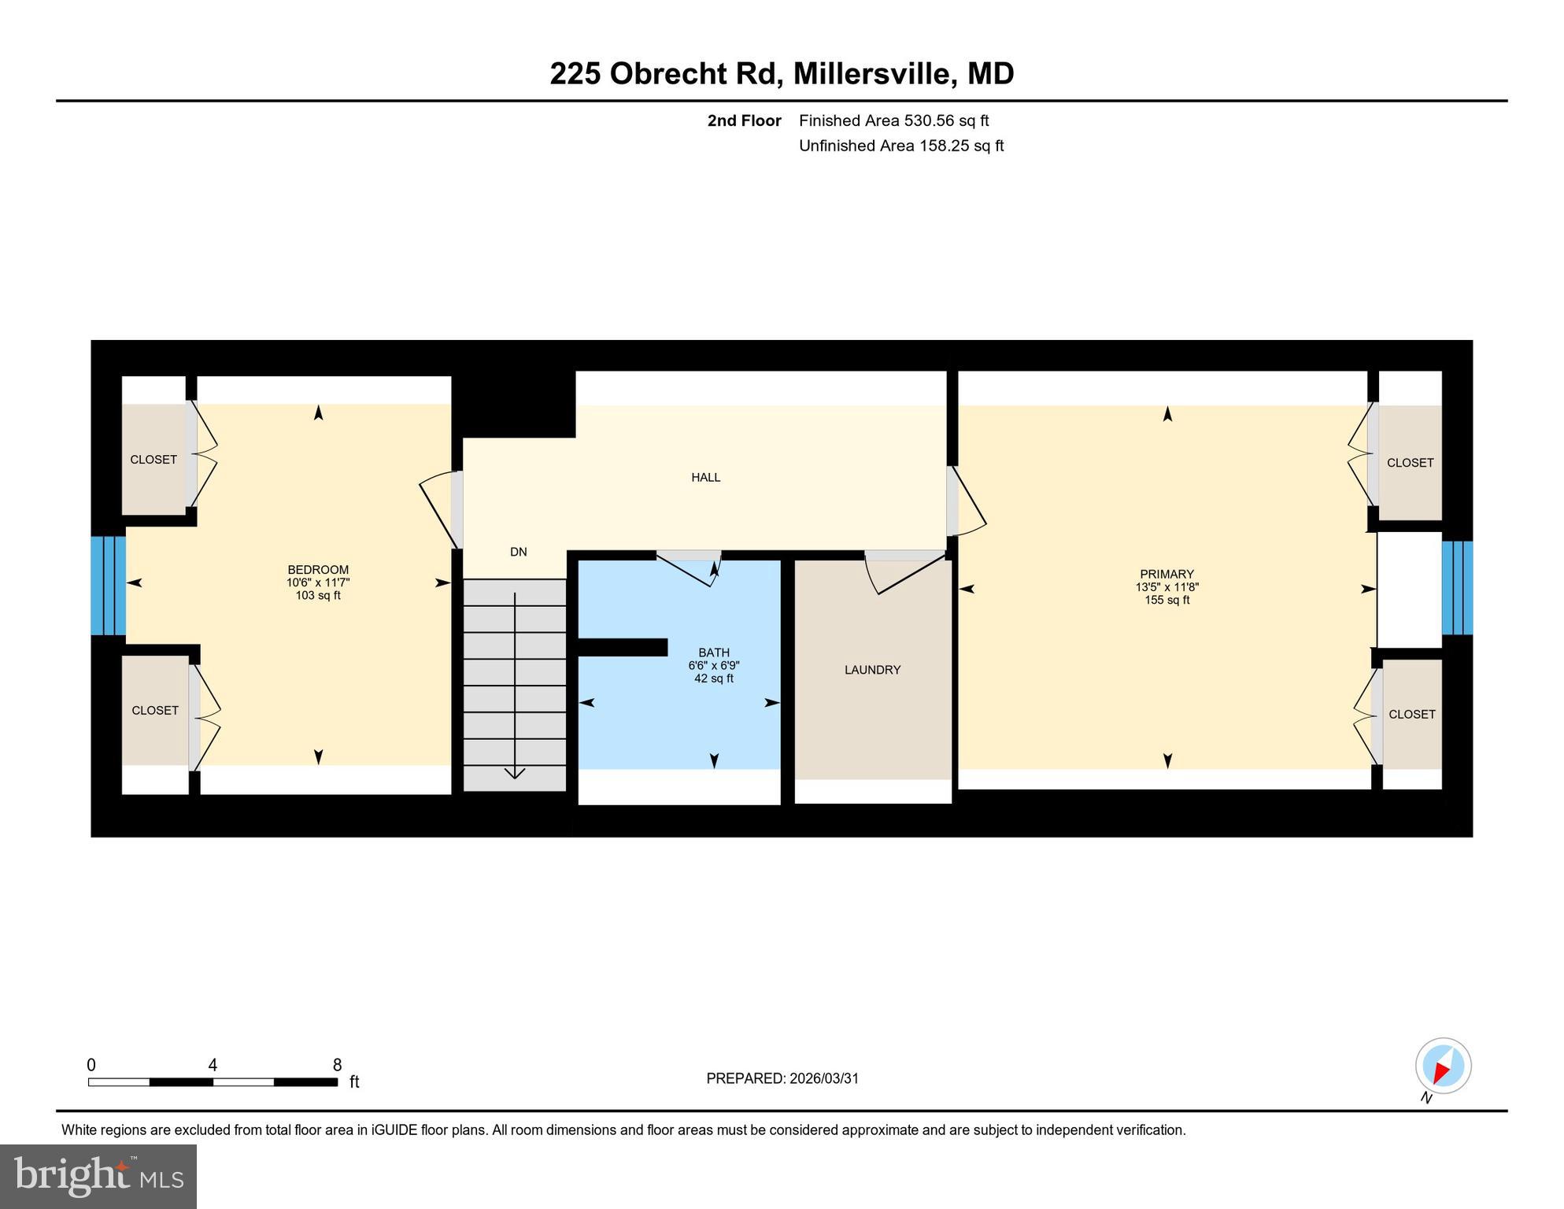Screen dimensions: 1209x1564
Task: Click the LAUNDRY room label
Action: tap(872, 670)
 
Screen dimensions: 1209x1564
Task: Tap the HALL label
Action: tap(705, 477)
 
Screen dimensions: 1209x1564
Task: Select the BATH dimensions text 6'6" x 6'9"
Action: tap(713, 665)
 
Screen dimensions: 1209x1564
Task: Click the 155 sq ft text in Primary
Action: tap(1167, 600)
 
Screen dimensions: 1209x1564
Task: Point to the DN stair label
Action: tap(518, 552)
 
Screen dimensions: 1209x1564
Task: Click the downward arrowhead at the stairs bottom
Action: tap(515, 773)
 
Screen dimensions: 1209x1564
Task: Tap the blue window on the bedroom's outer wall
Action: tap(108, 586)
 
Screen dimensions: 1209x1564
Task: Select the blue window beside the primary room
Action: tap(1456, 587)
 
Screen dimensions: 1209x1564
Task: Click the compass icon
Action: tap(1443, 1066)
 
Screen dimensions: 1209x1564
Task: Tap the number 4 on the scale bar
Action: tap(213, 1065)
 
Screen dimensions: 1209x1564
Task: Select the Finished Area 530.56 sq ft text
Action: tap(893, 120)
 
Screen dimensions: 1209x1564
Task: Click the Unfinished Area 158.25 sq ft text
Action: tap(900, 146)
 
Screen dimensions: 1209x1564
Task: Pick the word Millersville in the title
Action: tap(874, 73)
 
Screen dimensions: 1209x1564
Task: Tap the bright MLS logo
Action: tap(98, 1176)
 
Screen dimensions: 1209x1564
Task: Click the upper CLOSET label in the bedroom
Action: tap(153, 460)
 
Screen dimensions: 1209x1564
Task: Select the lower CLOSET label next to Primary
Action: tap(1411, 714)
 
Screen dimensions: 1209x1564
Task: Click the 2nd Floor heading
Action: tap(744, 120)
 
